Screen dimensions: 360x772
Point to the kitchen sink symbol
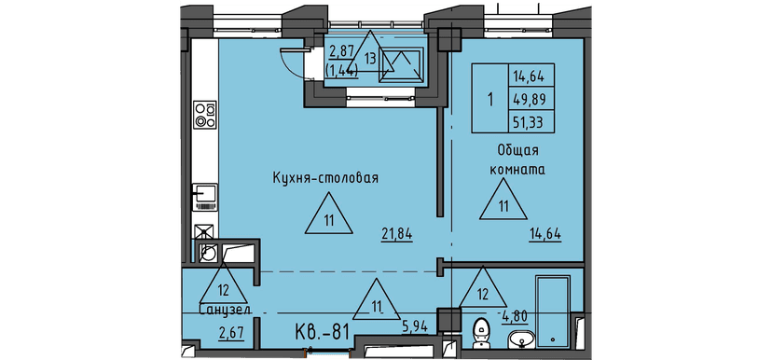point(205,194)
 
